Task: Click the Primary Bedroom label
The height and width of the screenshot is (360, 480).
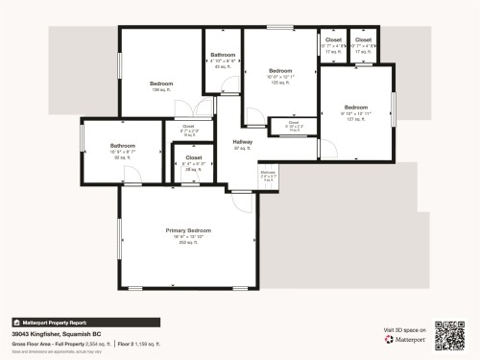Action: pos(187,231)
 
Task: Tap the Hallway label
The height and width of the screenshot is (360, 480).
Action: pos(242,142)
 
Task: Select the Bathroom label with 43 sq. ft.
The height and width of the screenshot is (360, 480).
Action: pos(223,55)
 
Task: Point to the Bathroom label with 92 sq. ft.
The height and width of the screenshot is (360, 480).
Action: pos(123,146)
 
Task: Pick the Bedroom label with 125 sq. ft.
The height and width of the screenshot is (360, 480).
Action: pos(279,71)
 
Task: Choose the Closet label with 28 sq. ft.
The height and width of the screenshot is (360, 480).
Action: pos(193,156)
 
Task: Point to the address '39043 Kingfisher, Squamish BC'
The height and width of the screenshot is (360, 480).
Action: pos(57,333)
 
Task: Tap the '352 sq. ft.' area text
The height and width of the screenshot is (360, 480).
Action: pos(187,243)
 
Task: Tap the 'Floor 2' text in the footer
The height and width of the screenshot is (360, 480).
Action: pos(127,343)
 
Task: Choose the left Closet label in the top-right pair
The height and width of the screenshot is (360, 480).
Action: pos(333,40)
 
